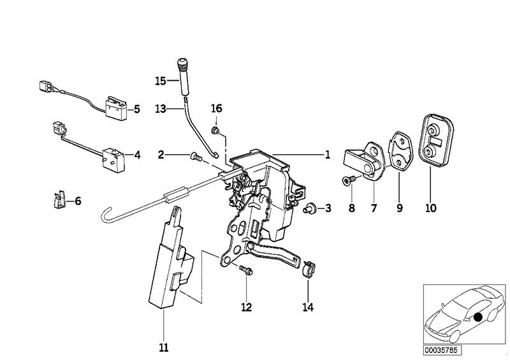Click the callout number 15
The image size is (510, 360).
pos(159,81)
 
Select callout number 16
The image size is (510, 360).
pos(217,108)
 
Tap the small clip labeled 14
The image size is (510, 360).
pos(307,268)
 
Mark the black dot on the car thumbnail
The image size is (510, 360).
pos(477,317)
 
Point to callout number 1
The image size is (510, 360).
pos(327,154)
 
